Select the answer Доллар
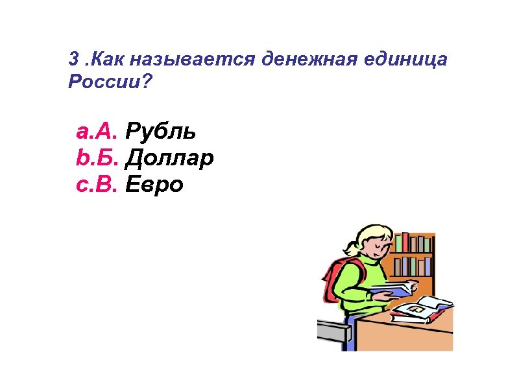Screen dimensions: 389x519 tap(169, 159)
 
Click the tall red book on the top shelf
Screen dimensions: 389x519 tap(406, 242)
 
